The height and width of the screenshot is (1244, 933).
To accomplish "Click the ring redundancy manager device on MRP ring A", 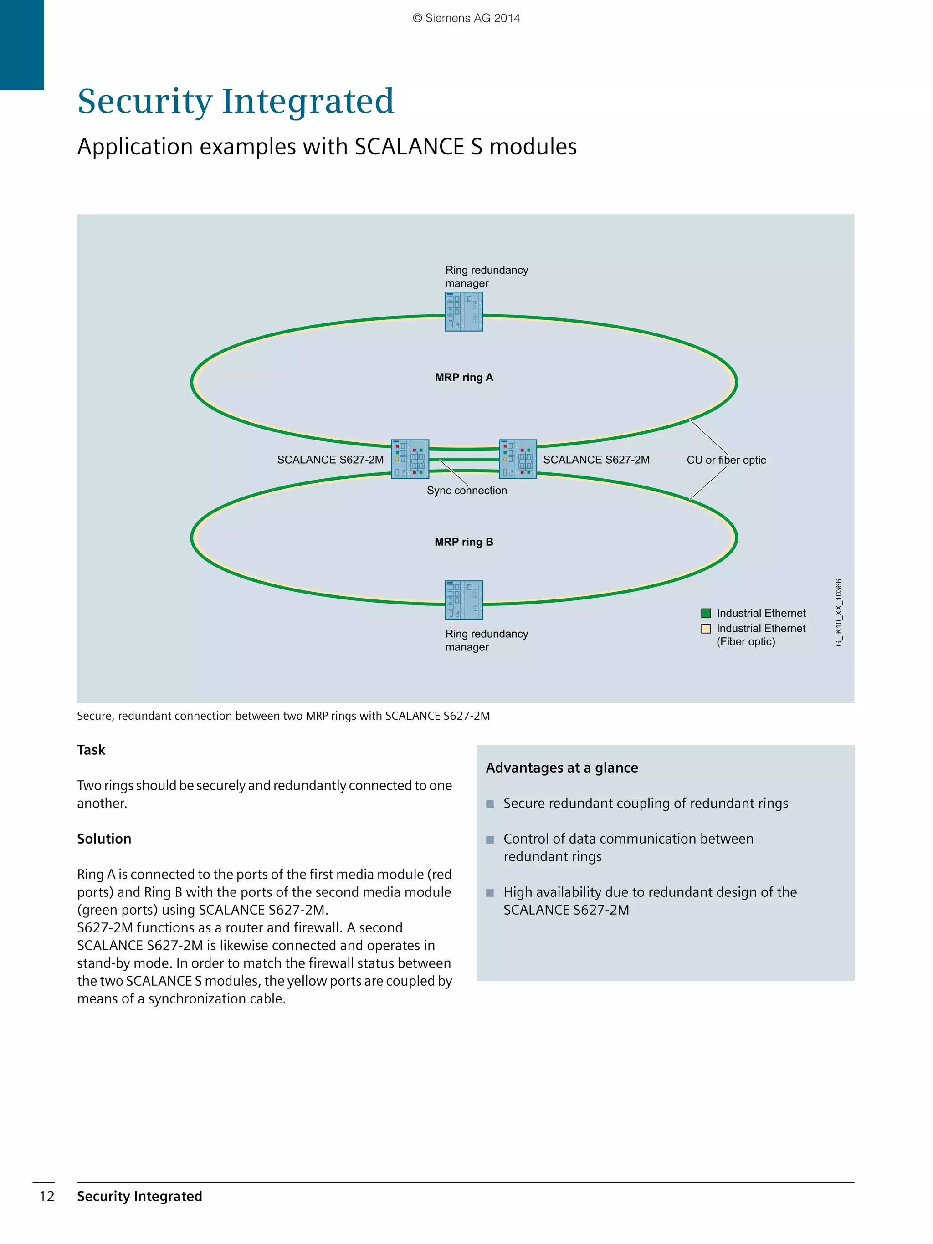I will [x=464, y=311].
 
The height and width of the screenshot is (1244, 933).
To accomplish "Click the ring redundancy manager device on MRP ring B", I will [x=464, y=599].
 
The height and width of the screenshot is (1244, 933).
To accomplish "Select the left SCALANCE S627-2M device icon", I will [x=410, y=459].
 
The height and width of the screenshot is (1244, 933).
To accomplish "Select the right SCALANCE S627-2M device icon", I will [x=518, y=459].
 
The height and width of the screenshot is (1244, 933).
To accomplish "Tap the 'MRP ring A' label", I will [x=464, y=377].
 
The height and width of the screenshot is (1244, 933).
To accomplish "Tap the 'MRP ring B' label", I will [x=464, y=542].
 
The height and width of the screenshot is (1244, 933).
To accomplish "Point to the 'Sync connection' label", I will [x=467, y=491].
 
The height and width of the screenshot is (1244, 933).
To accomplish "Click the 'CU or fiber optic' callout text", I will [x=726, y=460].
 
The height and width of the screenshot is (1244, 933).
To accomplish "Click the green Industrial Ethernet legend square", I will [x=706, y=613].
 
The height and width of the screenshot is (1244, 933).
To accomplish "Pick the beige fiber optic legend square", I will [x=706, y=628].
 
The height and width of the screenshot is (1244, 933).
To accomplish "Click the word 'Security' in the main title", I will [x=144, y=101].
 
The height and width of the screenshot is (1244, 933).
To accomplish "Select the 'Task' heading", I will [x=91, y=750].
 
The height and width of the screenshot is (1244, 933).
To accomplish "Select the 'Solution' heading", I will [x=104, y=839].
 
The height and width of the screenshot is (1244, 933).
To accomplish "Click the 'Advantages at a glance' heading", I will [x=562, y=768].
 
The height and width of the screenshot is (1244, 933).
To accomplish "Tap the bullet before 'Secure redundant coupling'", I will [x=490, y=804].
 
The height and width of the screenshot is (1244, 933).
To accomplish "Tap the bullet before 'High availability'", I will [x=490, y=892].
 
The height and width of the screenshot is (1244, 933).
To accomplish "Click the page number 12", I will [x=46, y=1196].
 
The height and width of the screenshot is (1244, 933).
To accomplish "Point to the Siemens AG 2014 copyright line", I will [x=466, y=18].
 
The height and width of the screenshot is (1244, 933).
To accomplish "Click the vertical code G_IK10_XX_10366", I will [x=839, y=613].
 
